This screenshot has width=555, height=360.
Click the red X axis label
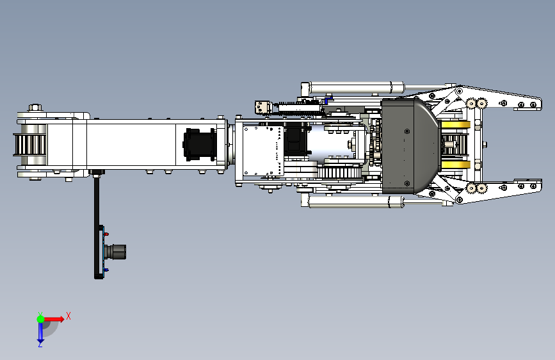pyautogui.click(x=68, y=316)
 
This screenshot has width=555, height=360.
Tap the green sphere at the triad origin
pyautogui.click(x=41, y=319)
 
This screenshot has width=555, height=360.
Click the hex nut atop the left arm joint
pyautogui.click(x=35, y=108)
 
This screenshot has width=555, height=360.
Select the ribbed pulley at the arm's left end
pyautogui.click(x=29, y=145)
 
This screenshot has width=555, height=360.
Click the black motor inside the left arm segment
pyautogui.click(x=199, y=145)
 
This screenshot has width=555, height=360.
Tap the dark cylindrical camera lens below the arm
pyautogui.click(x=116, y=252)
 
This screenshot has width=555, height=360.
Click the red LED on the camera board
pyautogui.click(x=106, y=234)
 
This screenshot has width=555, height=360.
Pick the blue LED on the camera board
pyautogui.click(x=106, y=270)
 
